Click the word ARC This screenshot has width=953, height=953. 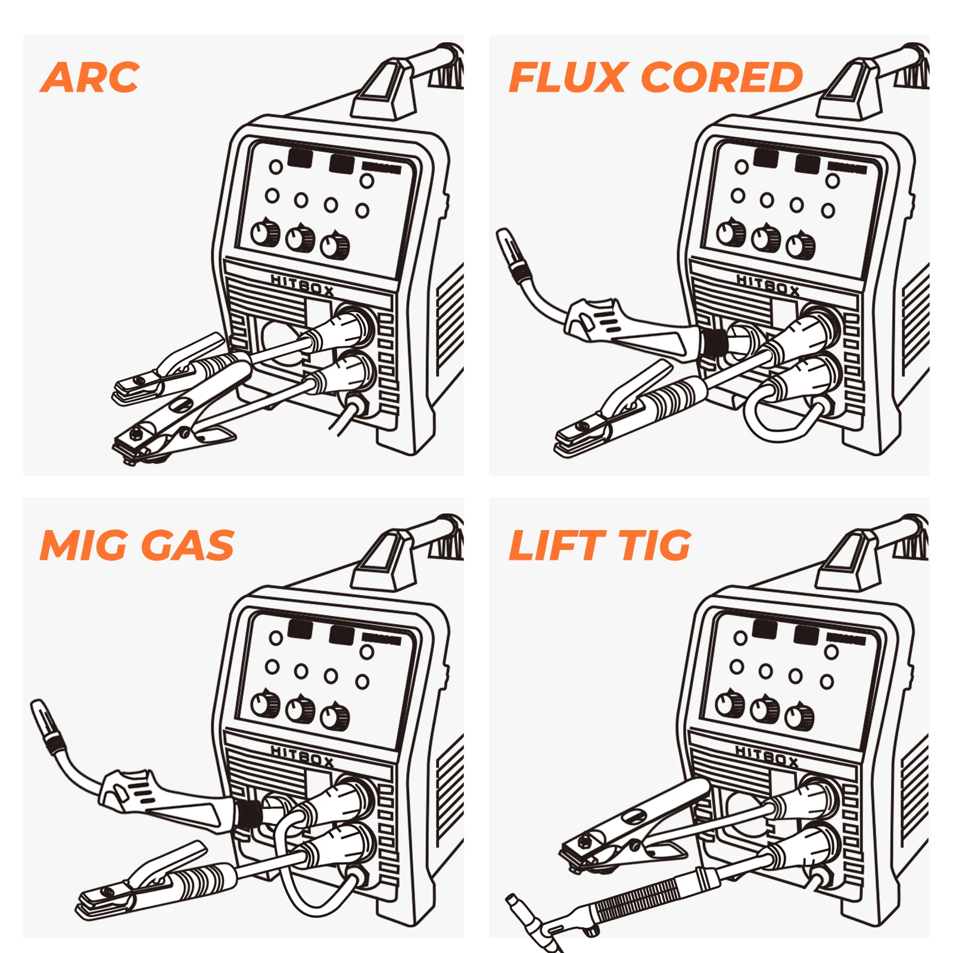point(91,77)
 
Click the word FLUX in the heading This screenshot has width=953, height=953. point(568,77)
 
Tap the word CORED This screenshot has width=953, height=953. point(721,77)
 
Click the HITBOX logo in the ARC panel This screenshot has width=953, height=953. point(302,286)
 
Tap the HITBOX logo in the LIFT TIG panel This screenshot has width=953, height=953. point(767,756)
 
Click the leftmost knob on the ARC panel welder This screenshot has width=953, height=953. point(265,233)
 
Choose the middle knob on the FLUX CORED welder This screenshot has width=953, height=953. point(765,238)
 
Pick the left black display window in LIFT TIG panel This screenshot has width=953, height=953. point(765,629)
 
